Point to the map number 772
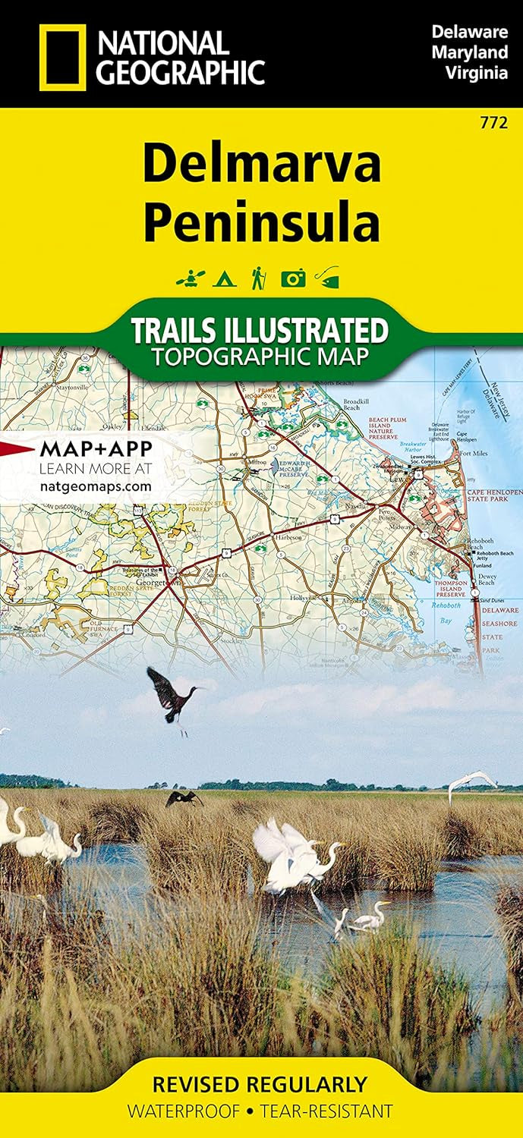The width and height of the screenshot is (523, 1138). [x=499, y=121]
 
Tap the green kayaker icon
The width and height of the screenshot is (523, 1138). [x=187, y=278]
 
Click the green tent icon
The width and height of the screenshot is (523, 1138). [x=223, y=278]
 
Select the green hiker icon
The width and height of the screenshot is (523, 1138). [x=258, y=277]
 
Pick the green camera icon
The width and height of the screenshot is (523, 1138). [x=293, y=278]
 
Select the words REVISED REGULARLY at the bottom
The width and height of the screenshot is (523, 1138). [x=260, y=1084]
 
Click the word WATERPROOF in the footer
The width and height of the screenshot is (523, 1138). [x=180, y=1112]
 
